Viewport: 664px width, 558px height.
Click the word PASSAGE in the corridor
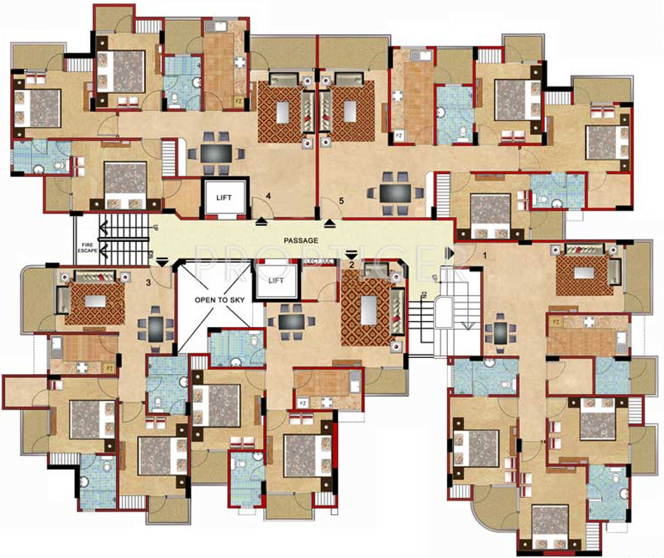[x=301, y=241]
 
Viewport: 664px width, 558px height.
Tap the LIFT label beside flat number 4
[x=222, y=198]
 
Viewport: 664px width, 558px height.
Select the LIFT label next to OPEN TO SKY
[x=276, y=280]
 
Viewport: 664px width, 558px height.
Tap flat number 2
[x=352, y=264]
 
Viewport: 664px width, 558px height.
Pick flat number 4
[x=269, y=196]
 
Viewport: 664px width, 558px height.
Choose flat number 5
[x=341, y=200]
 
